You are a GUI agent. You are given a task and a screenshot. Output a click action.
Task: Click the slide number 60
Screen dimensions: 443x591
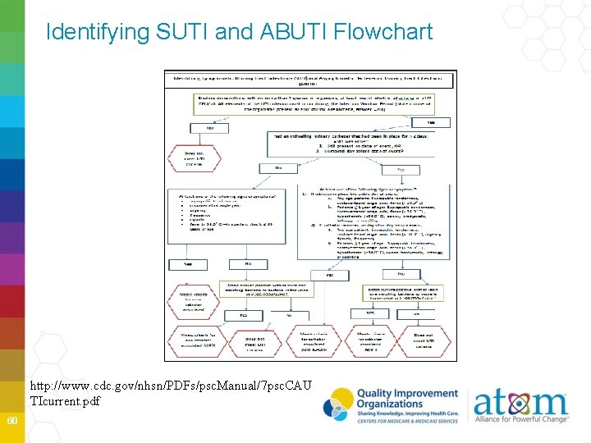point(11,421)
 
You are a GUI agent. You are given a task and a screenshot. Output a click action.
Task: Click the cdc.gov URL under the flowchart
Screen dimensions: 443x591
point(171,391)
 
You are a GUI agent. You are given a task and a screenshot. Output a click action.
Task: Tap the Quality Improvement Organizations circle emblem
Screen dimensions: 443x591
point(339,404)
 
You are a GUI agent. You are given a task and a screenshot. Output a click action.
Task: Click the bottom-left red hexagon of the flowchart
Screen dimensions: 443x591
point(197,341)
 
